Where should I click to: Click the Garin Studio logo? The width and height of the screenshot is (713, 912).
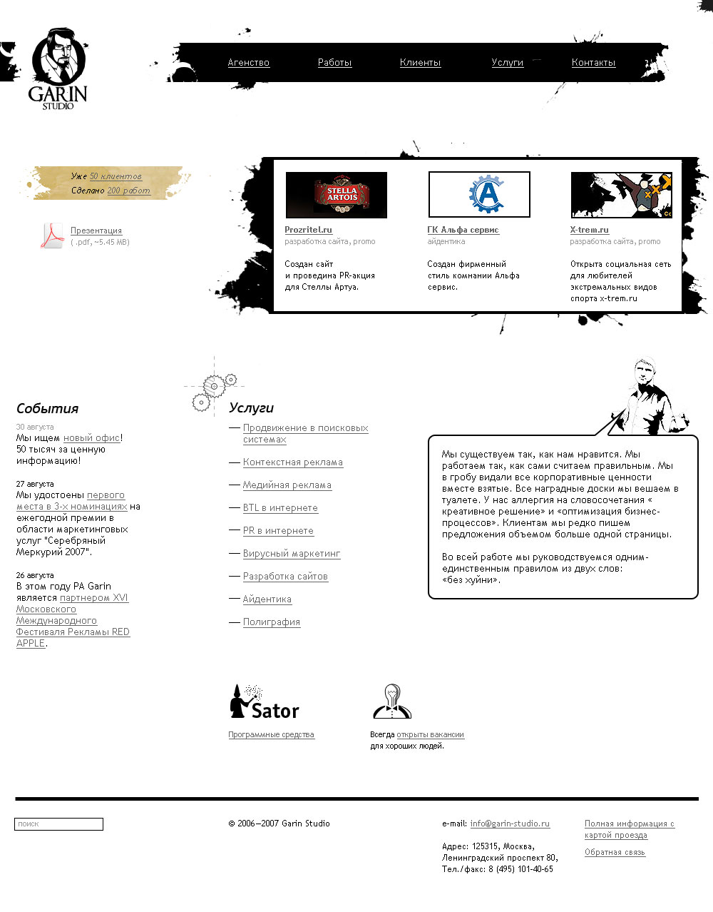[x=58, y=69]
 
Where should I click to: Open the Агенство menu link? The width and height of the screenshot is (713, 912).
[x=248, y=63]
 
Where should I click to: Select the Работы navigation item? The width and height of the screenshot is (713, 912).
[x=334, y=63]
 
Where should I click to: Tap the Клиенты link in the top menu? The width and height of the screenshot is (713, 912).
[x=420, y=63]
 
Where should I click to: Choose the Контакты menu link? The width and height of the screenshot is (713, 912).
[x=593, y=63]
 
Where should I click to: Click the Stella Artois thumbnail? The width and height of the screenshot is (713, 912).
[x=337, y=195]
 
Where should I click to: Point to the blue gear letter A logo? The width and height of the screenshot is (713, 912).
[x=479, y=194]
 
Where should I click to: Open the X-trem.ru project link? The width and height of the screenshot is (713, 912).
[x=589, y=230]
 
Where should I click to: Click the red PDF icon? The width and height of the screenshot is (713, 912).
[x=51, y=235]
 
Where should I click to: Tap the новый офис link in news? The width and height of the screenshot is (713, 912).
[x=91, y=438]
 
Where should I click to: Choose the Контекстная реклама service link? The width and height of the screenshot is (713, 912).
[x=292, y=462]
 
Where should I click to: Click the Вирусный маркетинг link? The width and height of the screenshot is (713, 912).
[x=291, y=554]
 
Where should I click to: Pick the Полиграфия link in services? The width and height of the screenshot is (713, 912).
[x=271, y=622]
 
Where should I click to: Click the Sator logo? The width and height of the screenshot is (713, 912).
[x=264, y=703]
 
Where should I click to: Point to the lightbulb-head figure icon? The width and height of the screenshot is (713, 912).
[x=391, y=701]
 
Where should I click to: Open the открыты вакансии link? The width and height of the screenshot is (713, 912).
[x=430, y=734]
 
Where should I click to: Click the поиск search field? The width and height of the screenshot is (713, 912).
[x=58, y=824]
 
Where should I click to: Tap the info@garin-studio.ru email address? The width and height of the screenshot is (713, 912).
[x=510, y=824]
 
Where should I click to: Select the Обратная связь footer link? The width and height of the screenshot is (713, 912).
[x=615, y=852]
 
